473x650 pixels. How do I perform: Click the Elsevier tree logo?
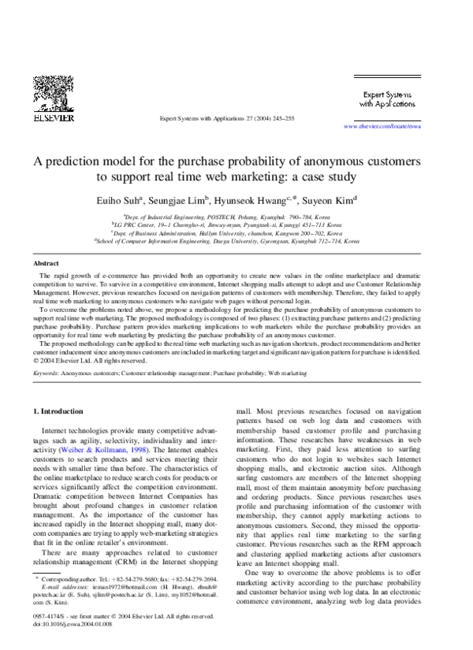(x=52, y=95)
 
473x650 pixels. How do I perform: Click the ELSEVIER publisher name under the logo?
(x=52, y=118)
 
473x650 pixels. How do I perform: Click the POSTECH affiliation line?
(x=236, y=214)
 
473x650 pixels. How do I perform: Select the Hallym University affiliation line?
(x=236, y=233)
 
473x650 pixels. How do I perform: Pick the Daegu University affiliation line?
(x=236, y=242)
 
